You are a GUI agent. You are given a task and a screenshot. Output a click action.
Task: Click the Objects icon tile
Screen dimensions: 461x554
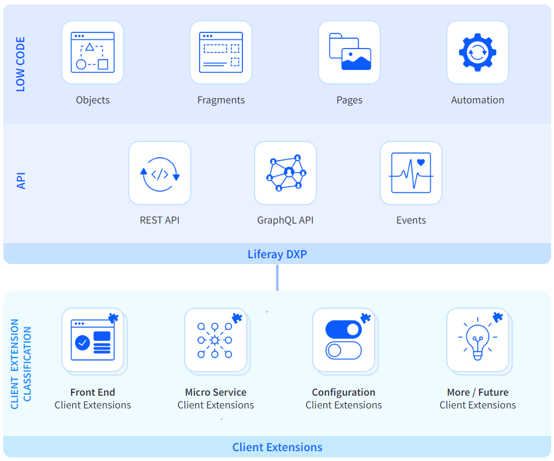(x=92, y=52)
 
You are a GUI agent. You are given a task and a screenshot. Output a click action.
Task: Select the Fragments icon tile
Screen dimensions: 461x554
(x=221, y=52)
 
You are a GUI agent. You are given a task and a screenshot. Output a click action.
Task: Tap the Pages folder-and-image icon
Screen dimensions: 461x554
(x=349, y=52)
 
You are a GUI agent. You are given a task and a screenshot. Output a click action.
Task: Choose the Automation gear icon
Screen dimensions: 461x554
(x=477, y=52)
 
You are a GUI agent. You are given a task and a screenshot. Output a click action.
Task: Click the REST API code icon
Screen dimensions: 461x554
(x=159, y=173)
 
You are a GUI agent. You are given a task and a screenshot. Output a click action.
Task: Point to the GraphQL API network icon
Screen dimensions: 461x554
(x=285, y=173)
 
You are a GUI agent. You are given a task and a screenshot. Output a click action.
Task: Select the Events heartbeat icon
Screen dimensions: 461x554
(x=411, y=173)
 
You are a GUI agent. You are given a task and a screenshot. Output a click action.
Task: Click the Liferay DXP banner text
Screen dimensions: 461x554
(x=277, y=254)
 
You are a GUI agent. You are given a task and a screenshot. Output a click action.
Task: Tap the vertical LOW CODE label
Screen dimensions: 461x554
(x=21, y=64)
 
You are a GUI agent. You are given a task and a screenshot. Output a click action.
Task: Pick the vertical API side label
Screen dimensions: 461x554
(x=21, y=180)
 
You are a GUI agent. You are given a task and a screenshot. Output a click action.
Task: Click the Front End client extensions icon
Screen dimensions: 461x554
(x=92, y=340)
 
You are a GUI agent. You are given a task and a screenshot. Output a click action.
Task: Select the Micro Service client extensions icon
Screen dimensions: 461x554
(x=215, y=340)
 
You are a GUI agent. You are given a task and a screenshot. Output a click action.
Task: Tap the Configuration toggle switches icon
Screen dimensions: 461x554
(x=343, y=340)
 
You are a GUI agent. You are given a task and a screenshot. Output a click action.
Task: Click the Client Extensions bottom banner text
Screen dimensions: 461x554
(x=277, y=447)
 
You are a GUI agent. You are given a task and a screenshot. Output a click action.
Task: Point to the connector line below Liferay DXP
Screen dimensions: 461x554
(x=277, y=277)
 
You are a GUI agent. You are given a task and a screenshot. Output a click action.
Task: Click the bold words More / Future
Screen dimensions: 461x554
(x=477, y=392)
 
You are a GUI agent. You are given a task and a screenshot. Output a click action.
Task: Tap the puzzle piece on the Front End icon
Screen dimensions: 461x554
(x=114, y=318)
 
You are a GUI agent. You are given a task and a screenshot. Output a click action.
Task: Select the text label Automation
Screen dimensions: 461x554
(x=477, y=100)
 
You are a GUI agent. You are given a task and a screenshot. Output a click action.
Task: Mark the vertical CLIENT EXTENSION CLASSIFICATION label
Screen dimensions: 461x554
(x=21, y=364)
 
